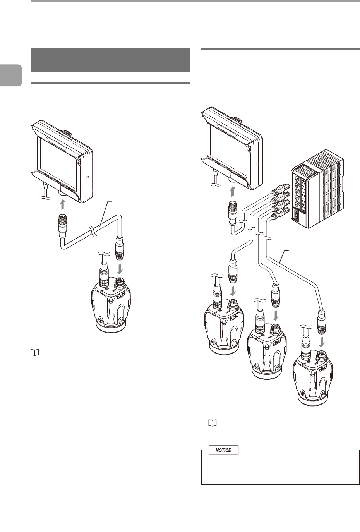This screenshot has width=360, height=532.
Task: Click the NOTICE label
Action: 223,450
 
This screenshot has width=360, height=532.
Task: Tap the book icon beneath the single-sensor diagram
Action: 35,353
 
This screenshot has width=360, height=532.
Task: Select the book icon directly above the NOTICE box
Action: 213,423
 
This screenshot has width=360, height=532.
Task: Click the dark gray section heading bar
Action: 110,60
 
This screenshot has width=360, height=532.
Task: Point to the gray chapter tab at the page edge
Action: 11,75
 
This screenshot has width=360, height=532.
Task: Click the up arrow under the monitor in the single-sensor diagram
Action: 62,204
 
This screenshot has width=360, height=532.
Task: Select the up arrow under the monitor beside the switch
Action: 233,191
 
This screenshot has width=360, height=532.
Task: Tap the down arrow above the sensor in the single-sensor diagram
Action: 120,268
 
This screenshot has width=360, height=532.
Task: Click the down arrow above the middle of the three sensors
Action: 276,314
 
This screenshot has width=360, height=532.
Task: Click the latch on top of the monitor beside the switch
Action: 236,119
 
